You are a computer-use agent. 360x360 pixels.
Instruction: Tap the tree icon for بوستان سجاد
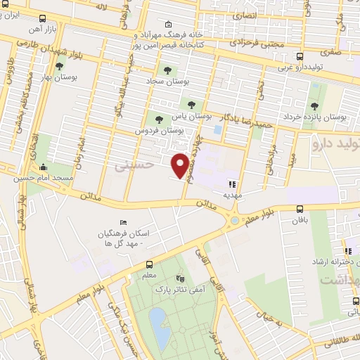(x=167, y=70)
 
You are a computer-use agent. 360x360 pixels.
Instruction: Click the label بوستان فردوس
(x=160, y=131)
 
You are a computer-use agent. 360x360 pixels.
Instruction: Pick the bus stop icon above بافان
(x=300, y=209)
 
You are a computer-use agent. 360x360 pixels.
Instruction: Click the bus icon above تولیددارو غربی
(x=300, y=57)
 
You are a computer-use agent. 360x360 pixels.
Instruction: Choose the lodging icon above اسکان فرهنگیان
(x=124, y=223)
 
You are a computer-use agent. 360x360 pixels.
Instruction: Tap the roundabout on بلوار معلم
(x=233, y=222)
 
